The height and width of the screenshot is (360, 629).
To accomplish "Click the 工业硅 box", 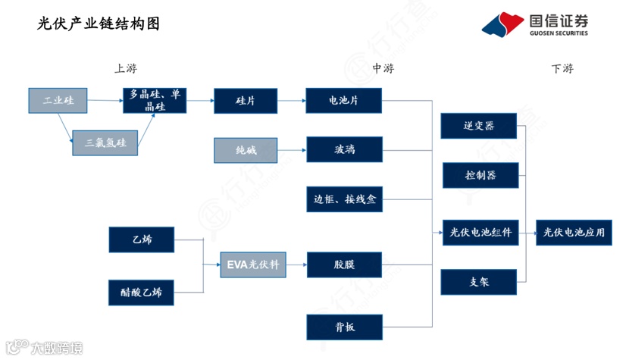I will (x=58, y=101).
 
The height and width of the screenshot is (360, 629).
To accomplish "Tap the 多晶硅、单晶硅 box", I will (x=155, y=101).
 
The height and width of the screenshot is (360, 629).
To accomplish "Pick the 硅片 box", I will (x=246, y=101).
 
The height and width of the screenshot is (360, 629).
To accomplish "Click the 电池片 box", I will (x=343, y=101).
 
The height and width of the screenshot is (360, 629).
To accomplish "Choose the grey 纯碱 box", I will (x=246, y=150).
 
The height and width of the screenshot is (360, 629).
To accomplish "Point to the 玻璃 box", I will (x=343, y=149).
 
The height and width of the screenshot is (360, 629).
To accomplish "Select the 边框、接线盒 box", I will (x=345, y=200).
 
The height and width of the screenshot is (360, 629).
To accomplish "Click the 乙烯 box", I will (x=141, y=239).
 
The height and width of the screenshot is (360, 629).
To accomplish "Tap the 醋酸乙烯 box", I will (x=141, y=291).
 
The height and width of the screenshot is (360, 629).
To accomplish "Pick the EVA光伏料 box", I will (x=252, y=265).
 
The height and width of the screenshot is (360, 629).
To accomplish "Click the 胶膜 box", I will (x=343, y=265).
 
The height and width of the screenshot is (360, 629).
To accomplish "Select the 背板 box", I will (x=343, y=327).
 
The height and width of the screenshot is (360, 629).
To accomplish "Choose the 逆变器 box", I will (x=479, y=126).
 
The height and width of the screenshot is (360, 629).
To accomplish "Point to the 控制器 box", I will (x=480, y=175).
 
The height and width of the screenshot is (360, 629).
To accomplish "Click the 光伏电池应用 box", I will (x=574, y=233).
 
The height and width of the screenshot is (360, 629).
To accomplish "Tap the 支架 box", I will (x=479, y=282).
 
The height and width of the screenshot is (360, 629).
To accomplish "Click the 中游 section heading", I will (x=383, y=69).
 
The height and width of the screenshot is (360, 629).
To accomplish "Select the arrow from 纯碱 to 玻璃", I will (x=292, y=150).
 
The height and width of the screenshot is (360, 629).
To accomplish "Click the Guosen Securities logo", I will (x=535, y=25).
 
